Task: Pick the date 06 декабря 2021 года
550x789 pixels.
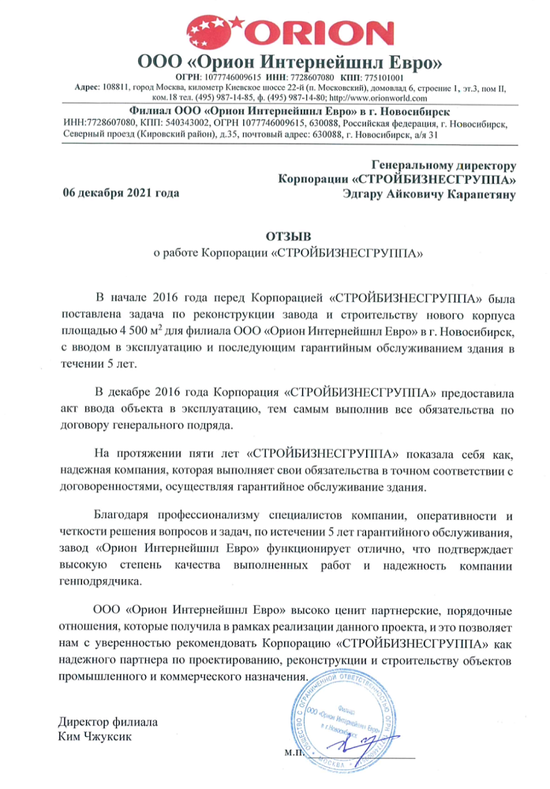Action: point(121,192)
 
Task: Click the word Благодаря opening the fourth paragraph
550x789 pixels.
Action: point(124,493)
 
